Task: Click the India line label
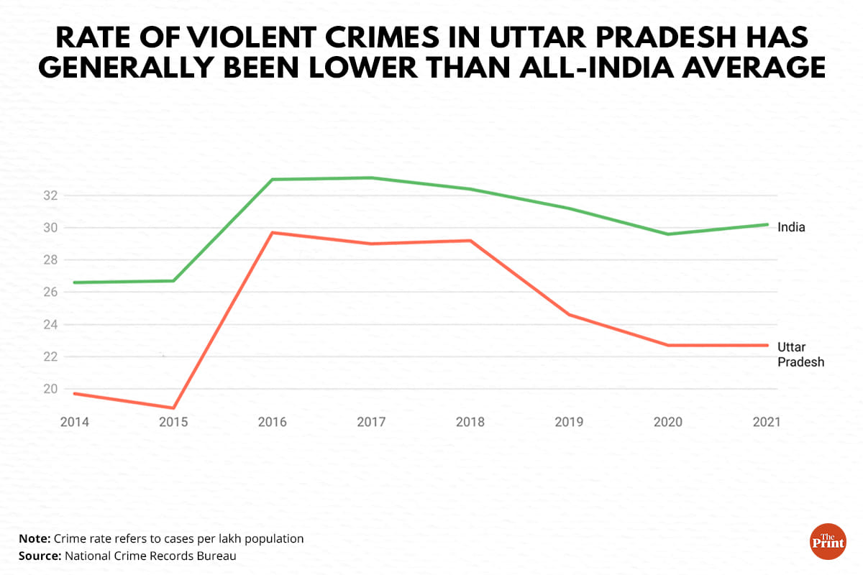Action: coord(791,227)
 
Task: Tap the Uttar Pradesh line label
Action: coord(800,354)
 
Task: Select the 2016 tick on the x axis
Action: coord(272,422)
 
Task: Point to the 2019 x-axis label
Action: coord(570,422)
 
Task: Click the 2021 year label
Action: coord(767,422)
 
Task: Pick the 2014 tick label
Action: coord(75,422)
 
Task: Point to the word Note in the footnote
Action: coord(35,538)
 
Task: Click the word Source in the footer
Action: coord(40,556)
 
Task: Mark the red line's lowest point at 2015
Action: coord(173,408)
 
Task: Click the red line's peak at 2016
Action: coord(273,232)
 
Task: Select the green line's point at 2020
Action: coord(668,234)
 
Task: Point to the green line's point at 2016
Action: coord(273,179)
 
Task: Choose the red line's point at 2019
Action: coord(570,315)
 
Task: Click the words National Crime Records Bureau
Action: coord(150,556)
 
